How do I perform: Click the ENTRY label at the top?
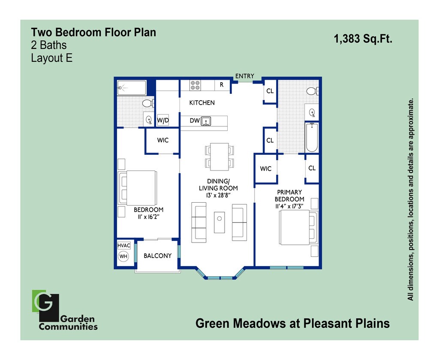(x=244, y=76)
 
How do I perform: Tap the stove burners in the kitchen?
(x=195, y=85)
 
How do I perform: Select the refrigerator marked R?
(x=221, y=85)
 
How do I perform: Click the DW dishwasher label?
(x=195, y=121)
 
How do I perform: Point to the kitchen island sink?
(x=206, y=121)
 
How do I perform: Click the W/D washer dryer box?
(x=163, y=120)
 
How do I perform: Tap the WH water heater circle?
(x=123, y=257)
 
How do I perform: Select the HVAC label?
(x=123, y=246)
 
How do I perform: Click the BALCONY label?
(x=157, y=256)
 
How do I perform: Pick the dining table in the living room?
(x=219, y=156)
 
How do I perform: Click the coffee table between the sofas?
(x=219, y=222)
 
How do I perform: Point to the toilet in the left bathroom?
(x=148, y=103)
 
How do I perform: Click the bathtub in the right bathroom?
(x=312, y=137)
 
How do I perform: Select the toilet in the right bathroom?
(x=312, y=91)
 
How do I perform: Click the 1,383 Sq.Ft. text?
(x=363, y=39)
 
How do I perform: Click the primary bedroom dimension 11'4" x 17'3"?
(x=289, y=206)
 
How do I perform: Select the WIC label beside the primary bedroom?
(x=266, y=169)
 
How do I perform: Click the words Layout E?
(x=51, y=58)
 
